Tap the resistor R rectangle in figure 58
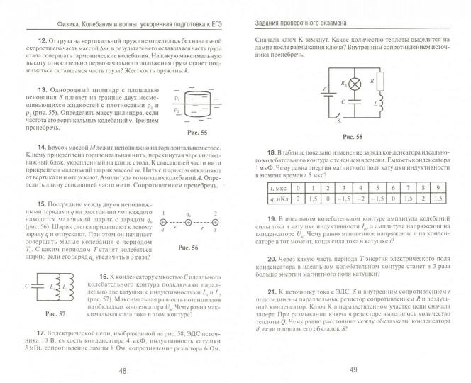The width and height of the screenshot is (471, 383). click(x=376, y=83)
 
